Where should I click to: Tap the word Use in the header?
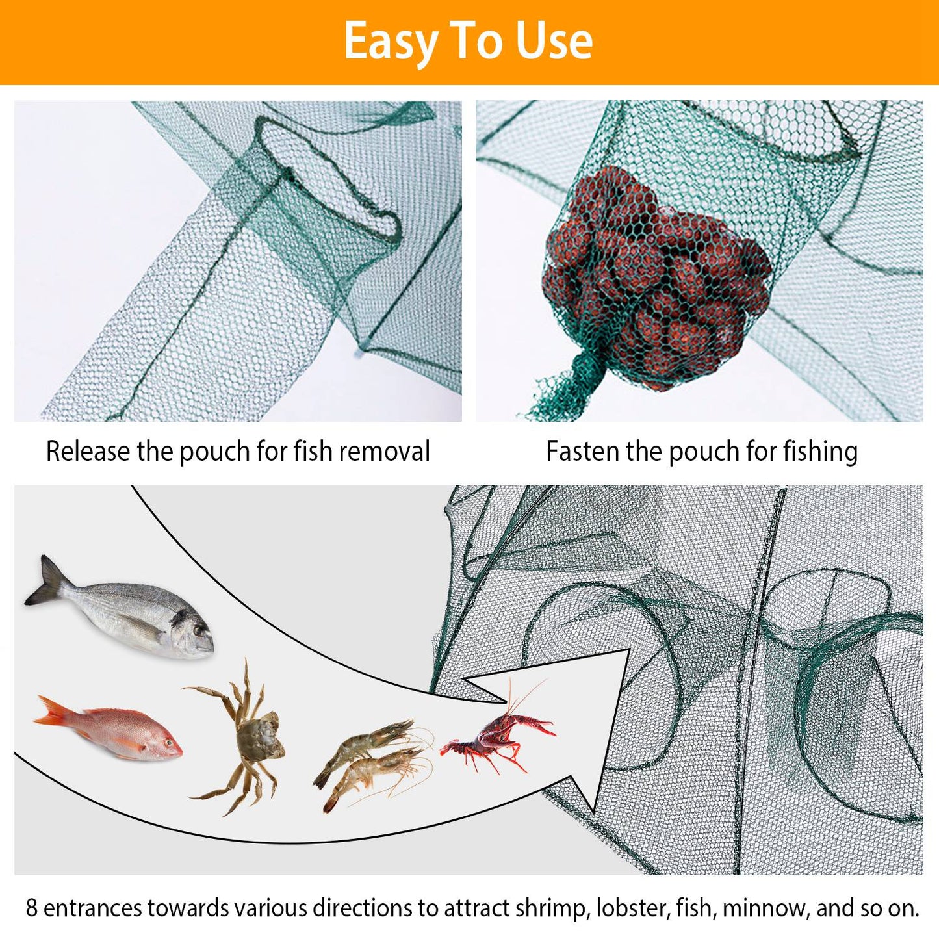pos(554,41)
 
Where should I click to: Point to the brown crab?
pos(250,741)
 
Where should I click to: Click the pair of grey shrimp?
pos(374,764)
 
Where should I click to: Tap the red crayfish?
pos(497,738)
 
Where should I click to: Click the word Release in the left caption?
pos(88,451)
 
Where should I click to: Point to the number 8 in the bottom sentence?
pos(32,908)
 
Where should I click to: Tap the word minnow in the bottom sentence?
pos(763,908)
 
